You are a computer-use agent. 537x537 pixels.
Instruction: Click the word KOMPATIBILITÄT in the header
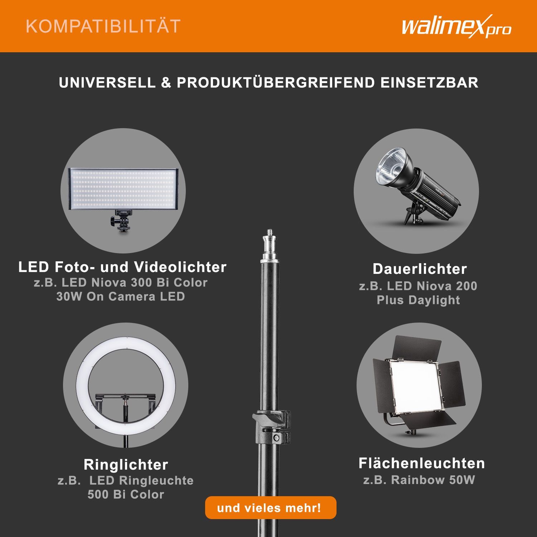coord(103,26)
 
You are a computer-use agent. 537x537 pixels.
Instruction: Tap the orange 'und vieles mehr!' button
coord(271,508)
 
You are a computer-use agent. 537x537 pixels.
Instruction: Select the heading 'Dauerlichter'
coord(420,269)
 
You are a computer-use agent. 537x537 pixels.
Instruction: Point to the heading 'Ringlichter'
coord(126,465)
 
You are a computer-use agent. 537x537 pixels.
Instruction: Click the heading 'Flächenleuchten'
coord(422,463)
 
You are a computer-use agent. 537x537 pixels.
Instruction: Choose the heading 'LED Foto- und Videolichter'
coord(122,267)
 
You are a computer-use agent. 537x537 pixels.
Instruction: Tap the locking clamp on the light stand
coord(271,424)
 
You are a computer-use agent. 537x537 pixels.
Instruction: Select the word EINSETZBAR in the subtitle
coord(429,83)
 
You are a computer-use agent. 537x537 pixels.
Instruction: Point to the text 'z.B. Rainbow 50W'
coord(419,480)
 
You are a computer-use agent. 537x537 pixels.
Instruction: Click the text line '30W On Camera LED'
coord(121,296)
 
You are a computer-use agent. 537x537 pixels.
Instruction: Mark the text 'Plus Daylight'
coord(418,300)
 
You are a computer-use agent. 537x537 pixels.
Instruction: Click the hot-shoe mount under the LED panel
coord(120,221)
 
